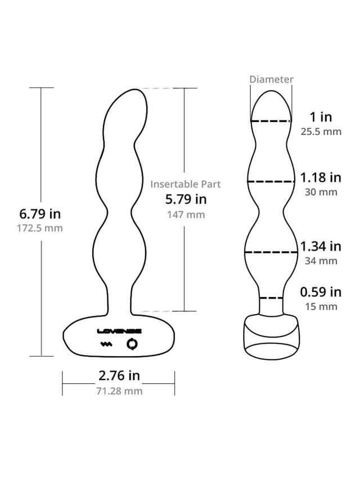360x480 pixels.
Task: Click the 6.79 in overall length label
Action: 40,214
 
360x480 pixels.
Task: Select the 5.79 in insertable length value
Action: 186,199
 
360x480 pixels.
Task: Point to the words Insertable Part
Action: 186,184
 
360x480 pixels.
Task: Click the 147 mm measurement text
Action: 186,214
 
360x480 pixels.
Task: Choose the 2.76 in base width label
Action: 119,375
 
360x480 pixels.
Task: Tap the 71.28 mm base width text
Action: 119,391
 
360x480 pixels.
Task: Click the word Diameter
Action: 271,79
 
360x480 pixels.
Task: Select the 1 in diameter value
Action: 321,117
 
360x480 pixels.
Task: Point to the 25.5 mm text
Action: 321,132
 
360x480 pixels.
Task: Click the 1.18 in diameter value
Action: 321,178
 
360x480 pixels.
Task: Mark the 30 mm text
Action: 321,192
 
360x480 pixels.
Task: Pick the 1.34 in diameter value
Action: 321,246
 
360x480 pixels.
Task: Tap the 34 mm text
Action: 321,261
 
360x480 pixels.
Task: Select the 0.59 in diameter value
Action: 321,292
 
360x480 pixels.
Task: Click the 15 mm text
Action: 321,307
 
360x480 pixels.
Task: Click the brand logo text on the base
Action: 119,331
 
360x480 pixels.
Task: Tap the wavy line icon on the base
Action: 105,344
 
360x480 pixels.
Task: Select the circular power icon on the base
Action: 133,344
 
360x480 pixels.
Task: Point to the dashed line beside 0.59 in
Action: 271,298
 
